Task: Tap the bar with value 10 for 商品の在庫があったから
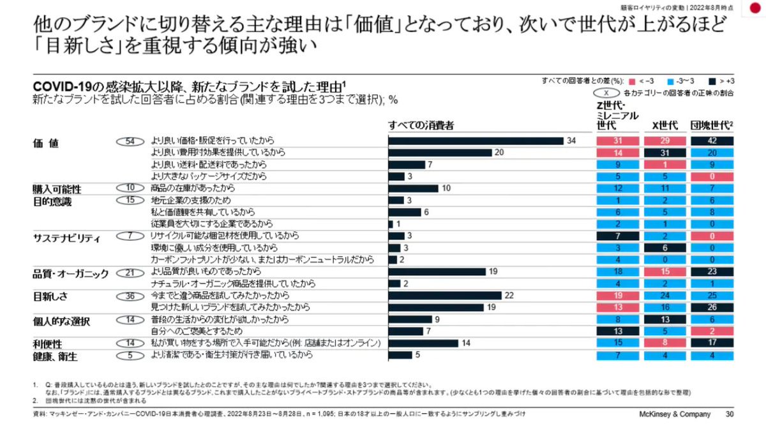(x=413, y=188)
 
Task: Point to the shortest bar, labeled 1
(x=391, y=224)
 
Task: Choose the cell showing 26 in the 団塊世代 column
(x=712, y=307)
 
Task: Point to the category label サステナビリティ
(x=67, y=237)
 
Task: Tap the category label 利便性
(x=49, y=343)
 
